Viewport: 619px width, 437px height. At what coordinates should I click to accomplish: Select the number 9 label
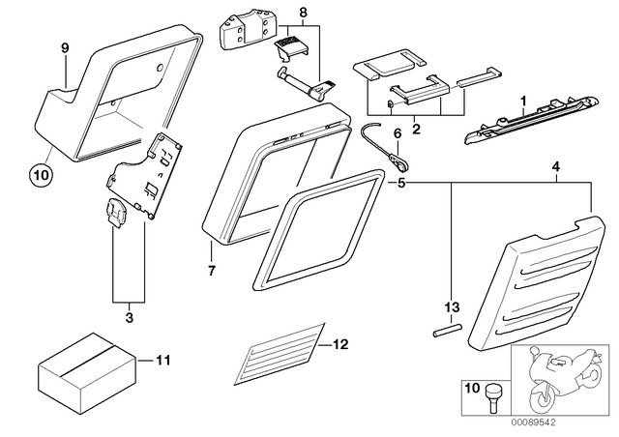pyautogui.click(x=65, y=48)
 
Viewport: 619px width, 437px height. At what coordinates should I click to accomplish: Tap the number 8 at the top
pyautogui.click(x=303, y=13)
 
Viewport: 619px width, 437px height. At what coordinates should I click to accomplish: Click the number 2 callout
pyautogui.click(x=416, y=129)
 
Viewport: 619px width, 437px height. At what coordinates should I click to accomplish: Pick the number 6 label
pyautogui.click(x=398, y=133)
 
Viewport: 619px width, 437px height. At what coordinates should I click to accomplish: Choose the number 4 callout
pyautogui.click(x=556, y=167)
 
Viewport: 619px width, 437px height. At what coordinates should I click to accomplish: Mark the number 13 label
pyautogui.click(x=453, y=306)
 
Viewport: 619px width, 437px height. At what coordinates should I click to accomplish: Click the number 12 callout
pyautogui.click(x=340, y=344)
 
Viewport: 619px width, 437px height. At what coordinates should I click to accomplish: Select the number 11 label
pyautogui.click(x=162, y=360)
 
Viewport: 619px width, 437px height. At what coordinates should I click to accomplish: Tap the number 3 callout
pyautogui.click(x=130, y=317)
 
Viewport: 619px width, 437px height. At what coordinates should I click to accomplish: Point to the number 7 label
pyautogui.click(x=212, y=271)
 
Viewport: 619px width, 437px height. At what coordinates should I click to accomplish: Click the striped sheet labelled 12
pyautogui.click(x=280, y=354)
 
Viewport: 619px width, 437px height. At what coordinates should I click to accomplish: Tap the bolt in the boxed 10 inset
pyautogui.click(x=492, y=398)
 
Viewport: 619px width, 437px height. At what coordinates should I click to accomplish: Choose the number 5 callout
pyautogui.click(x=401, y=184)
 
